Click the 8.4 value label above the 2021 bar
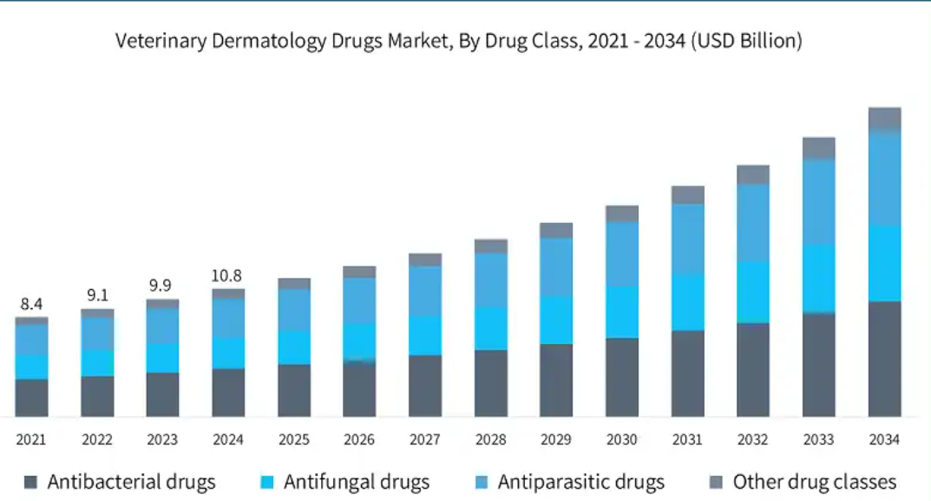(31, 304)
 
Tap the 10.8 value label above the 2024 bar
(228, 276)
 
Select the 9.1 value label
(97, 295)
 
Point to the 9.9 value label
(162, 286)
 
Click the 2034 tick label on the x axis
(884, 440)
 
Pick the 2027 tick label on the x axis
(425, 440)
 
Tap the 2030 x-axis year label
(622, 440)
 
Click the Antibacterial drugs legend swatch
(32, 482)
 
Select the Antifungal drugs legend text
(357, 482)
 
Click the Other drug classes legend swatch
(717, 482)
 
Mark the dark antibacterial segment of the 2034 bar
(884, 359)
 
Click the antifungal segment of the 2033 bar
(818, 278)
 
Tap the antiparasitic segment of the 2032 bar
(753, 222)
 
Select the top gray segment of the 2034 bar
(884, 119)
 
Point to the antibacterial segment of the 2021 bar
(31, 398)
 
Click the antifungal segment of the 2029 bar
(556, 320)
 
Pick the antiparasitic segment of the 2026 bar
(359, 300)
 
